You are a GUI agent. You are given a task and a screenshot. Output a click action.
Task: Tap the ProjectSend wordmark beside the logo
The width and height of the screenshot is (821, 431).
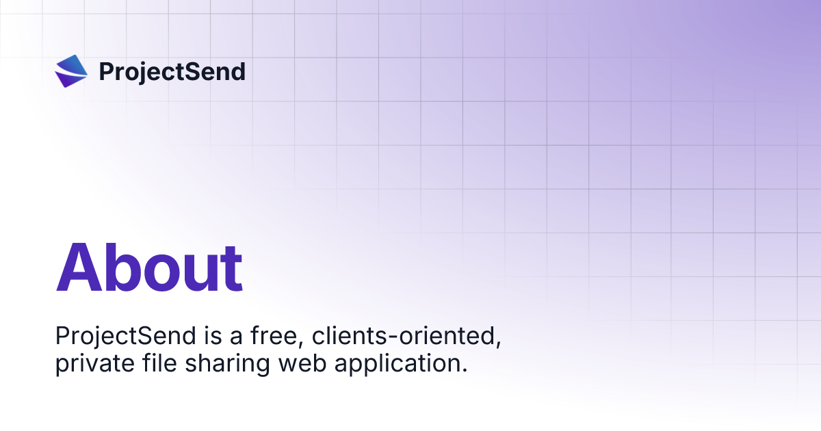(172, 72)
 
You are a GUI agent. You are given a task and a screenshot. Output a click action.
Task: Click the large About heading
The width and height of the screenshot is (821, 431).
(149, 267)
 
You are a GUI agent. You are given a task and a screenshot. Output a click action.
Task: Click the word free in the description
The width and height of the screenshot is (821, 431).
(261, 336)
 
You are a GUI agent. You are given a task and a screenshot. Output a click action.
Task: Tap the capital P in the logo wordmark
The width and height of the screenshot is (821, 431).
(107, 72)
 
